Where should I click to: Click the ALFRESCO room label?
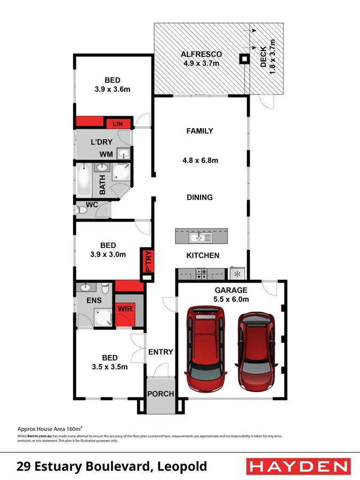201,54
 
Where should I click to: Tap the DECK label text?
263,60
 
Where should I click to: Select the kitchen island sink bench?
202,236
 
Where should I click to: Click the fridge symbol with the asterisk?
237,274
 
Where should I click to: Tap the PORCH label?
161,394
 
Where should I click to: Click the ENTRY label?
161,351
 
